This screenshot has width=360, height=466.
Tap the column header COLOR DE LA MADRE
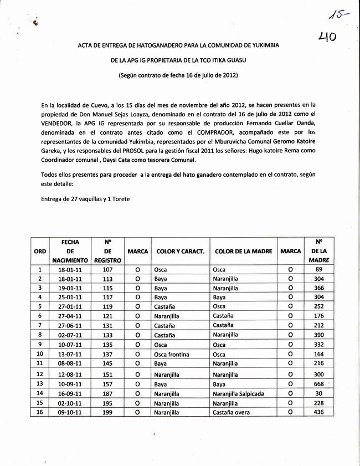243,251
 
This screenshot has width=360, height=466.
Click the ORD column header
40,251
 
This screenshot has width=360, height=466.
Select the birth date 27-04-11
70,315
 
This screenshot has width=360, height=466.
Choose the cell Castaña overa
231,412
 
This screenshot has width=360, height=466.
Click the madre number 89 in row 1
318,269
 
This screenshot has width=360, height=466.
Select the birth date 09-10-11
70,412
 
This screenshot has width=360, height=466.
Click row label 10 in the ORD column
40,354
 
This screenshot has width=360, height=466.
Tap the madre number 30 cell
318,393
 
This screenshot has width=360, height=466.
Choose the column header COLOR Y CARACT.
181,251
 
